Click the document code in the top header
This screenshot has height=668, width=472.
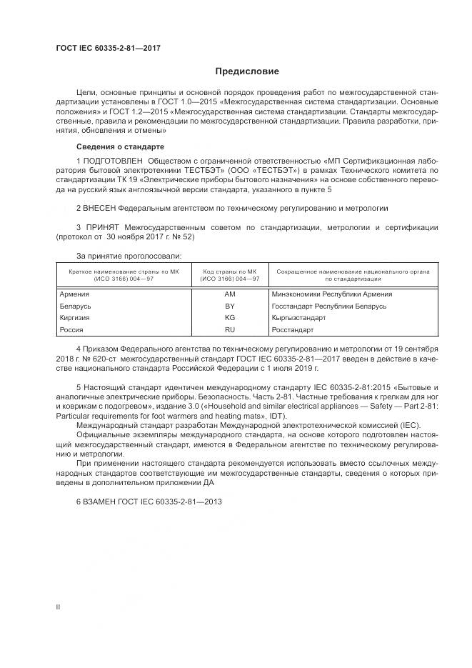click(108, 48)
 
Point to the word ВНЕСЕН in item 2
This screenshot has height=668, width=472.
click(101, 208)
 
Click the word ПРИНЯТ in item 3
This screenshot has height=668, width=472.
click(101, 227)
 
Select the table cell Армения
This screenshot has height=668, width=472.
click(74, 294)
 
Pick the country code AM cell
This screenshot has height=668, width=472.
click(229, 294)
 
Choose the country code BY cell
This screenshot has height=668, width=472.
click(229, 306)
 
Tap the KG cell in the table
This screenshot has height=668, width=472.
click(229, 318)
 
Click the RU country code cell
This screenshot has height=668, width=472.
click(229, 330)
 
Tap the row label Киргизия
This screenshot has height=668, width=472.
click(74, 318)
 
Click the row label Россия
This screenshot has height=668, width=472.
click(71, 330)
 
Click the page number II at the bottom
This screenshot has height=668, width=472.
click(58, 607)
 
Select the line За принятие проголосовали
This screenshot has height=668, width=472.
click(129, 255)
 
